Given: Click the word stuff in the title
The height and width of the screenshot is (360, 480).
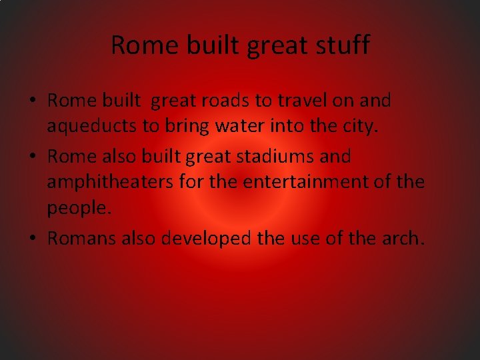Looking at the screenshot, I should click(x=343, y=45).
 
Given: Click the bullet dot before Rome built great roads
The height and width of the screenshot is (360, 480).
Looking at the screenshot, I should click(x=32, y=102).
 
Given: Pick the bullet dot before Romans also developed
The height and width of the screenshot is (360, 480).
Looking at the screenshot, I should click(x=32, y=239).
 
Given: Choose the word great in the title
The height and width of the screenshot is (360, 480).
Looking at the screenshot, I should click(x=276, y=45).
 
